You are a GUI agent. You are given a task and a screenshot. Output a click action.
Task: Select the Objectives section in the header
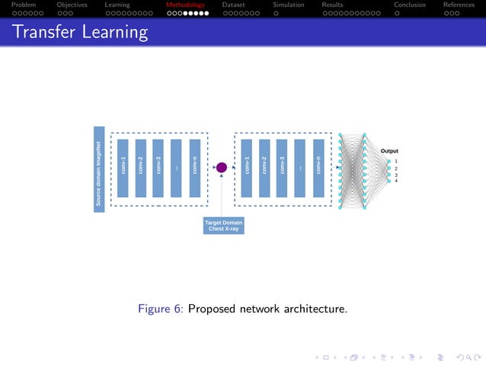72,5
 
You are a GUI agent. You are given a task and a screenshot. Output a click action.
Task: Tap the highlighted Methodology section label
185,5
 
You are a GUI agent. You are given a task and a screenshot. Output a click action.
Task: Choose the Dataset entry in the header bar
233,5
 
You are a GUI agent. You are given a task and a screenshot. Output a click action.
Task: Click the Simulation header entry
288,5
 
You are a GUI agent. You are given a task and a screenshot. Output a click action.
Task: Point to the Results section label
332,5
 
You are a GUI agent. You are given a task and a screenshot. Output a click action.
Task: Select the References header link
459,5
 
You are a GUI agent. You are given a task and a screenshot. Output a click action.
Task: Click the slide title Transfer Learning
79,33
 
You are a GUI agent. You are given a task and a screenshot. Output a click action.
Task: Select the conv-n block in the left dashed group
195,168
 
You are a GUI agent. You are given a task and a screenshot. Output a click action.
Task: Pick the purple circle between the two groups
222,168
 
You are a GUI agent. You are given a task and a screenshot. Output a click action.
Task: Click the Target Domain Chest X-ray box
223,226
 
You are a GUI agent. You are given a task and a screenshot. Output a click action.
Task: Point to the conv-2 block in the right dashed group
264,168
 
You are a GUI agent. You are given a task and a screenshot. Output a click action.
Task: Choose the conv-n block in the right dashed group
318,168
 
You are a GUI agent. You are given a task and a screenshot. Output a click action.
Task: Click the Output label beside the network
389,151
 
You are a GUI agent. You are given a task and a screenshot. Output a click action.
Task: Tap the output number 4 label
396,181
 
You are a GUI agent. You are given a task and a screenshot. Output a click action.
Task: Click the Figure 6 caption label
160,309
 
